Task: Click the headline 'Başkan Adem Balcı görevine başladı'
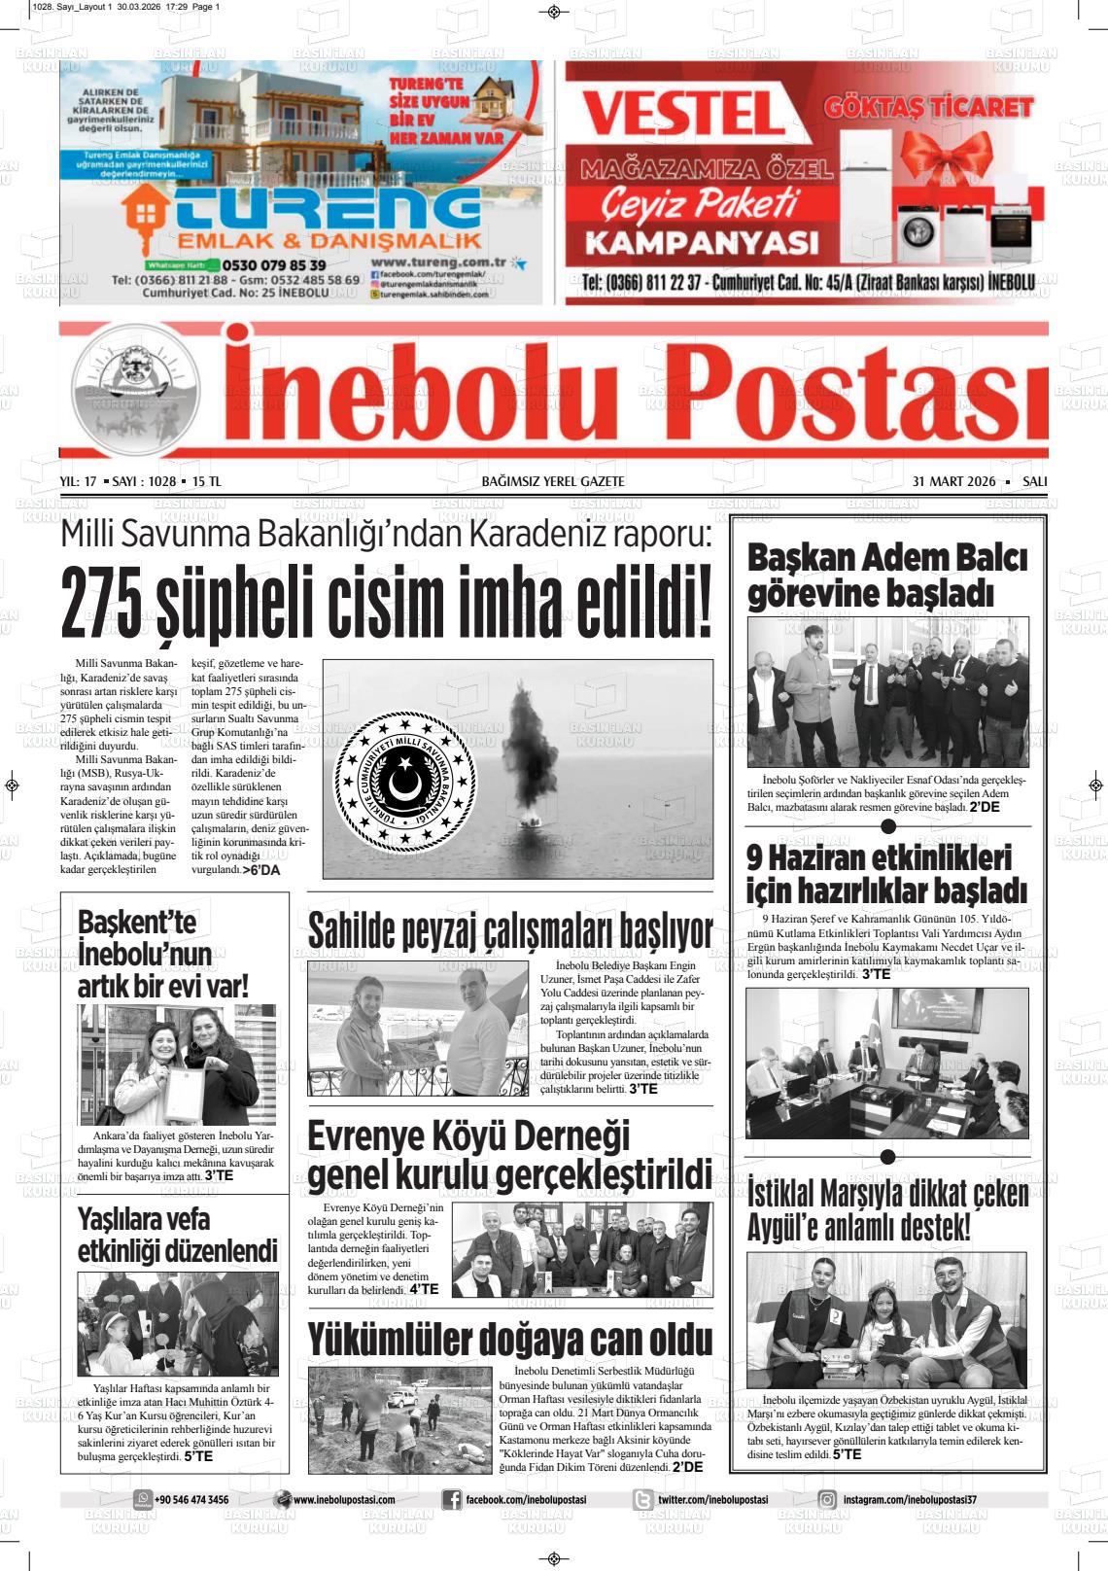(x=886, y=576)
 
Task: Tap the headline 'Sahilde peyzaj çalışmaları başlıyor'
(x=510, y=930)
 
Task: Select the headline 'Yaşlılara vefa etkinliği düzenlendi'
(x=178, y=1235)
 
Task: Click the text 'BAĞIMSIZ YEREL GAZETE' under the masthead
(x=553, y=481)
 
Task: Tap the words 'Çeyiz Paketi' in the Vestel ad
(x=699, y=205)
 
